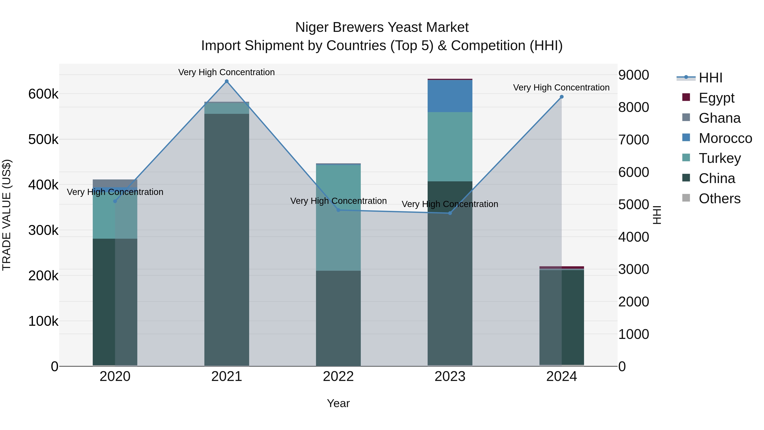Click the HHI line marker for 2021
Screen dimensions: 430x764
click(227, 81)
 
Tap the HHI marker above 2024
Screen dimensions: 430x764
click(561, 97)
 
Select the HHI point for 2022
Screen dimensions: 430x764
click(338, 210)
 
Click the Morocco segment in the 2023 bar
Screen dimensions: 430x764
click(450, 96)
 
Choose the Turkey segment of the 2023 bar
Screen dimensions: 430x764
click(450, 147)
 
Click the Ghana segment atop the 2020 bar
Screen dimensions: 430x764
click(115, 183)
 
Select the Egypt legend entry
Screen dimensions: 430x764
click(716, 98)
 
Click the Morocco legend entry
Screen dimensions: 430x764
click(725, 138)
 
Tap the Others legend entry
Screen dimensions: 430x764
click(719, 199)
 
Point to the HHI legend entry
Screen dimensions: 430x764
click(710, 78)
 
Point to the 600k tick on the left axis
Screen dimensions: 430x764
click(43, 94)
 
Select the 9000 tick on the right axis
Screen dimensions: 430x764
click(633, 75)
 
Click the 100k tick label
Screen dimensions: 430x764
click(43, 321)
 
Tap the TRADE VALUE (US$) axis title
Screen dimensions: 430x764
click(7, 215)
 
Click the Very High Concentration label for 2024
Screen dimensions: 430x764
click(561, 87)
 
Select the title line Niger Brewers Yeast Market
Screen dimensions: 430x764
click(382, 27)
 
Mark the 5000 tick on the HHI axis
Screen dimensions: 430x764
click(633, 204)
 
